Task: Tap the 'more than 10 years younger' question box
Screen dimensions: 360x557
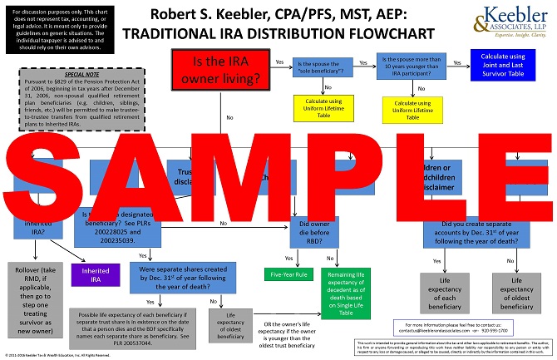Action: click(417, 66)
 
